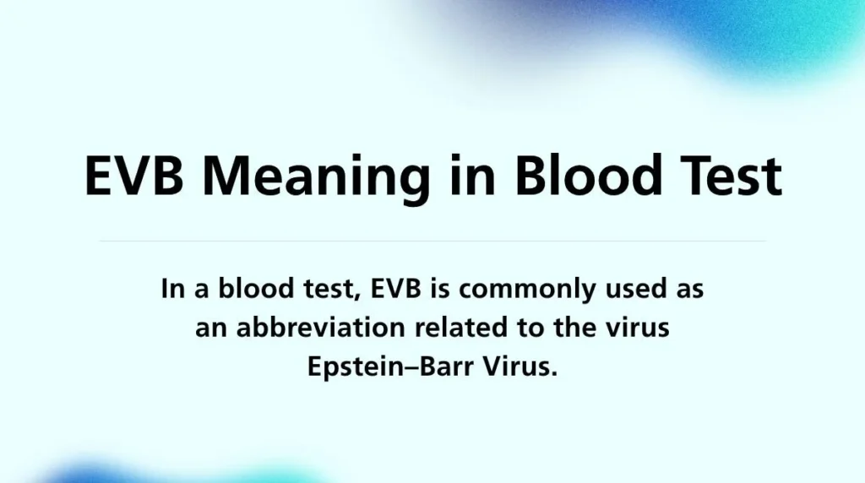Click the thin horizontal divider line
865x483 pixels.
point(432,241)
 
